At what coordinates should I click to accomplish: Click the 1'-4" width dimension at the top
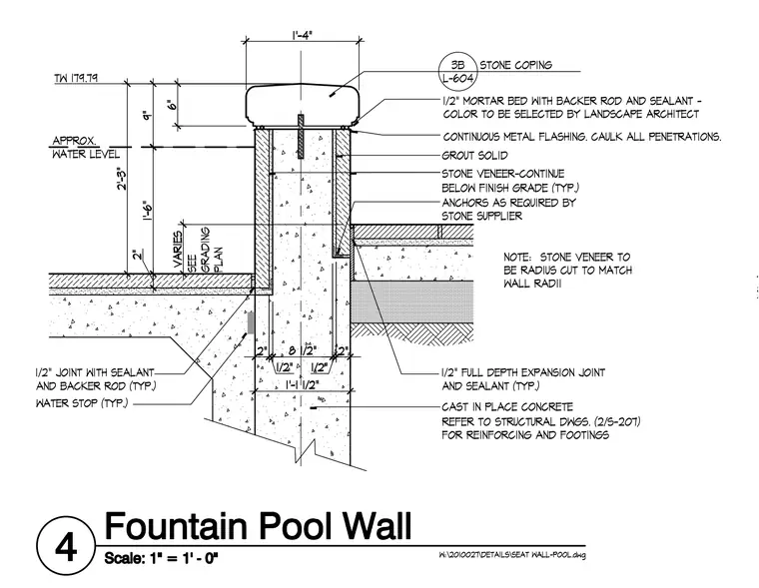point(302,35)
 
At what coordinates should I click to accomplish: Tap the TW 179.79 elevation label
point(76,78)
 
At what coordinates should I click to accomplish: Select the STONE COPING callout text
point(516,65)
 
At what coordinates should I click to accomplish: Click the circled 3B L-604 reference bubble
point(457,72)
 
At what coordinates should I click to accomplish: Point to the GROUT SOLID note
point(474,156)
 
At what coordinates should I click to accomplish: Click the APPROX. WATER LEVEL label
point(86,148)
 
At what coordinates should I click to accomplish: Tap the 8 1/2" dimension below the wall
point(303,350)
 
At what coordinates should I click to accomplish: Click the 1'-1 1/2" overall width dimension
point(303,385)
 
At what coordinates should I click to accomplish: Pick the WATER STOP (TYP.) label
point(82,403)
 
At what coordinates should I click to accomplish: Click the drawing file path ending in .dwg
point(512,555)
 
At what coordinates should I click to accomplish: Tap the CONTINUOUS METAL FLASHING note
point(582,137)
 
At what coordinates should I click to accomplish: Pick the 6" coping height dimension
point(171,105)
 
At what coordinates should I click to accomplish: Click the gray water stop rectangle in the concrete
point(251,322)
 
